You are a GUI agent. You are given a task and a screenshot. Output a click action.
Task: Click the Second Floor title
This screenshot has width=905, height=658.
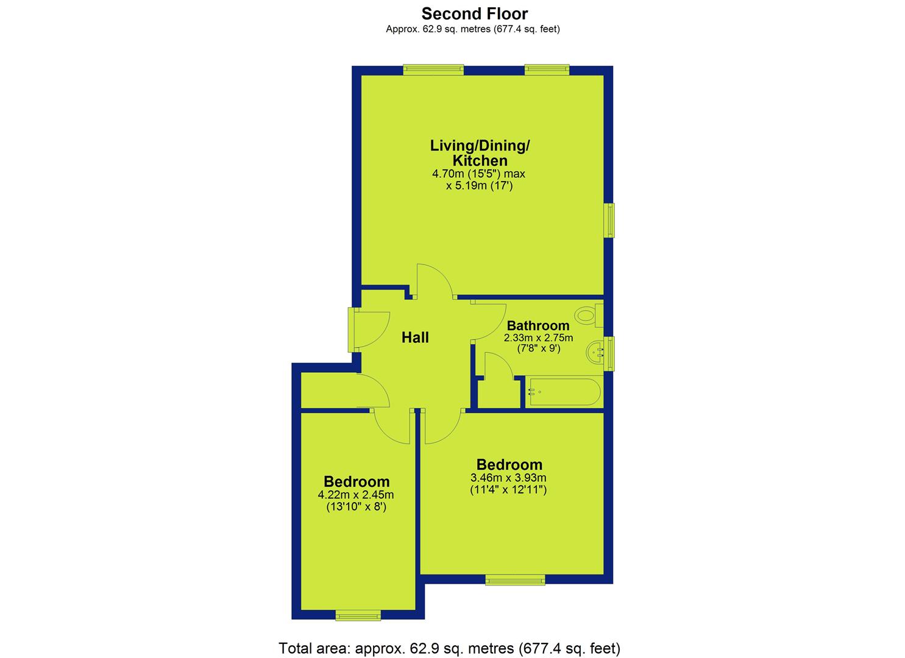(474, 14)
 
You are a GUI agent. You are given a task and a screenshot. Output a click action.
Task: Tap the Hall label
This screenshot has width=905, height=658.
(415, 338)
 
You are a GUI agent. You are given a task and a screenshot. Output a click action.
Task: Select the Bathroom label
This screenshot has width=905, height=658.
(538, 325)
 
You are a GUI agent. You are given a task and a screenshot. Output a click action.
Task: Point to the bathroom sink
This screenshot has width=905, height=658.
(594, 353)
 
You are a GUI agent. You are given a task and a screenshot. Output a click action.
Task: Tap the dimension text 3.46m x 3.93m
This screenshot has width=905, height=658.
(508, 478)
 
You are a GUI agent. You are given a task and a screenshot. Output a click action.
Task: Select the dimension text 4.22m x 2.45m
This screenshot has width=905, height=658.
(356, 494)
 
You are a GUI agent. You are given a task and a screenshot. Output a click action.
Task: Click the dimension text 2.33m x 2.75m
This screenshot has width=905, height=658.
(538, 338)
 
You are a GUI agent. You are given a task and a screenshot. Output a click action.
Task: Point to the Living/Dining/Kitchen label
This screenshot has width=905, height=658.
(480, 153)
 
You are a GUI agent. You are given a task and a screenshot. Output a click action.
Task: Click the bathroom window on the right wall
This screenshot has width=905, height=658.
(609, 353)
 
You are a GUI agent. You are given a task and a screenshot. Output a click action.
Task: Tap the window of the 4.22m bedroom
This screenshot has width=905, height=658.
(358, 615)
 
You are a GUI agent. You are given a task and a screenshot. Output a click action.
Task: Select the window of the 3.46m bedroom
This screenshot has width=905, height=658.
(515, 579)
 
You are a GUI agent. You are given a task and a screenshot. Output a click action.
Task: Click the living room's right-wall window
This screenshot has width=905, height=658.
(609, 220)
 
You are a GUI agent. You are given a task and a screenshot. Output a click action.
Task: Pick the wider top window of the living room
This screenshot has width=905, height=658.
(433, 70)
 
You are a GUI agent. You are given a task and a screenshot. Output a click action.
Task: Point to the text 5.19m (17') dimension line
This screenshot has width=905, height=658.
(479, 186)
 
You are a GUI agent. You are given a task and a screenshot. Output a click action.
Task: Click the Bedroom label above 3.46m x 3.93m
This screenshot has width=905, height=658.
(509, 464)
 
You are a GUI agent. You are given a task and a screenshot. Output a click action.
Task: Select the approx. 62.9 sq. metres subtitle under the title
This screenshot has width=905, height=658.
(473, 29)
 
